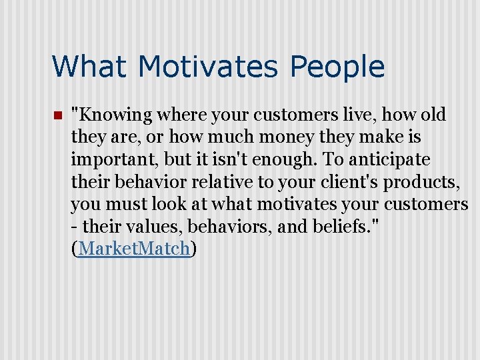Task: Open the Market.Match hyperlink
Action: pyautogui.click(x=133, y=249)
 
